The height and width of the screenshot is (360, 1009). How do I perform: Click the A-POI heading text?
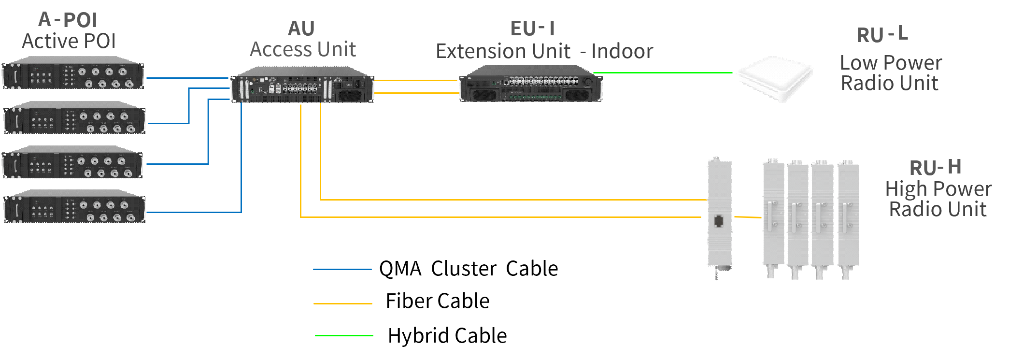click(x=68, y=20)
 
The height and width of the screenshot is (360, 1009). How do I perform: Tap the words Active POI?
click(x=69, y=41)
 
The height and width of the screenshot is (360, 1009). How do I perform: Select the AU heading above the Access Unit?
click(x=301, y=29)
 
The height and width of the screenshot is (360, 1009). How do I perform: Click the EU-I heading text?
click(x=532, y=29)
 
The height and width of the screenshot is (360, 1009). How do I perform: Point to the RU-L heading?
click(x=882, y=35)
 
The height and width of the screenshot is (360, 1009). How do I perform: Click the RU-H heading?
click(x=935, y=168)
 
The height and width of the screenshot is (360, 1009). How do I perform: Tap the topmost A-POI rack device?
click(x=73, y=73)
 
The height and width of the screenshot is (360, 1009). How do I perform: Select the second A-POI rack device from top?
click(x=74, y=117)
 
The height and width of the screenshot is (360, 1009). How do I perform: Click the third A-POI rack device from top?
click(x=72, y=162)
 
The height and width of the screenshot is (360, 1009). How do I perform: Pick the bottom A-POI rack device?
click(x=74, y=206)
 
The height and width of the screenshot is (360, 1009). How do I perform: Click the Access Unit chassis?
click(x=302, y=85)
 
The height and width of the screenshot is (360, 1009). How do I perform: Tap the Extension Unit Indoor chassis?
click(x=531, y=84)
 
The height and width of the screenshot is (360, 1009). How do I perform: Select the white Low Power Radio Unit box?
click(x=775, y=78)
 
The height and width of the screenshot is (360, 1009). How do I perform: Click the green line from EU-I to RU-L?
click(x=667, y=73)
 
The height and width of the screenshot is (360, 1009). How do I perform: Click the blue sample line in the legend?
click(x=342, y=269)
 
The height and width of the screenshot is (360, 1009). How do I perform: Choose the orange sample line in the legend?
click(x=342, y=303)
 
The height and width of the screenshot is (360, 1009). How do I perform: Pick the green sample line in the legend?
click(x=343, y=335)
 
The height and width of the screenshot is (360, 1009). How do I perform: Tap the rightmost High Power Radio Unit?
click(x=848, y=217)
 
